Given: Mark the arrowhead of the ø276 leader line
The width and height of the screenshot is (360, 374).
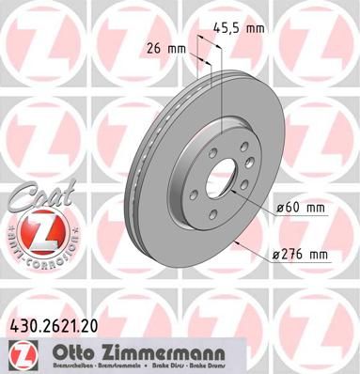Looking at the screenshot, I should [233, 242].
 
